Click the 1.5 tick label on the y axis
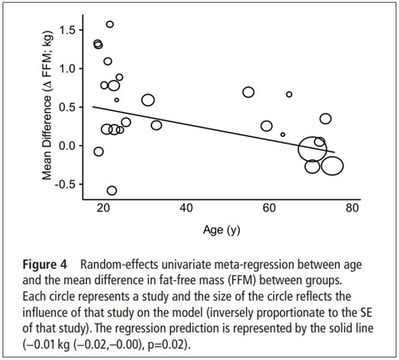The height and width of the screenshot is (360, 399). click(75, 30)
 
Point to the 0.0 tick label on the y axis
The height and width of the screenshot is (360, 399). click(75, 145)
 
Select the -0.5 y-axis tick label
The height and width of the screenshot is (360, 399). click(73, 184)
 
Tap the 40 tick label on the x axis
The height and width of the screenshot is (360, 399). click(186, 209)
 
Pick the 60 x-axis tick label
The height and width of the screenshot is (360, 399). click(269, 209)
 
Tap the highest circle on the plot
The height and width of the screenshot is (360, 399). click(110, 25)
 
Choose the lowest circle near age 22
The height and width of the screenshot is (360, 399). click(112, 191)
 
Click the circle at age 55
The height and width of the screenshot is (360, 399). click(248, 92)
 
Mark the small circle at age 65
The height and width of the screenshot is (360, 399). click(289, 94)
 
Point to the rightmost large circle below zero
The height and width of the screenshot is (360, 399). click(332, 166)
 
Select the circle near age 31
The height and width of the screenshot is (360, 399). click(148, 100)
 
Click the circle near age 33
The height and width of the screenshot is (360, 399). click(156, 125)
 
